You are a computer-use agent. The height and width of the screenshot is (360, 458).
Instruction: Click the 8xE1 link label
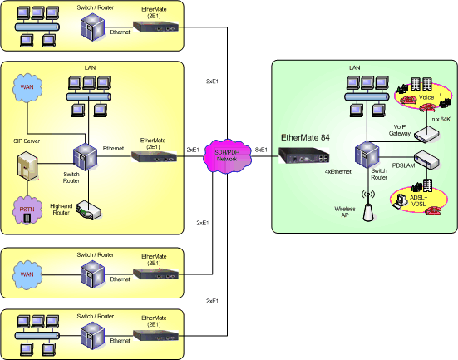tap(261, 150)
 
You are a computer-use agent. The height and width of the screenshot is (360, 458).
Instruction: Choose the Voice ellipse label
tap(426, 97)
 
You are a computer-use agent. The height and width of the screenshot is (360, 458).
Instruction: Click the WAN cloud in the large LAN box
tap(27, 86)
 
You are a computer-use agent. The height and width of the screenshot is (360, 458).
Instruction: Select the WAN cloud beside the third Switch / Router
tap(31, 273)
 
